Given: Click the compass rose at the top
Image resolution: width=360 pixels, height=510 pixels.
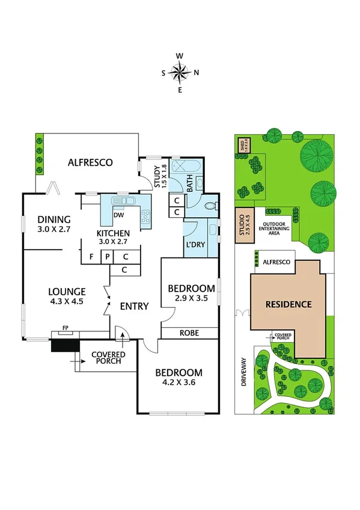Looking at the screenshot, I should [180, 73].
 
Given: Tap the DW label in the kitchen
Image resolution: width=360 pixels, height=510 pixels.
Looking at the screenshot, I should [118, 214].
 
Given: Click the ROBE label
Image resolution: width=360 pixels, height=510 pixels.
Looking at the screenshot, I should [189, 333].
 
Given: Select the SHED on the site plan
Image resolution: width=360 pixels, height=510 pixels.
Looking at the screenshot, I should [243, 145].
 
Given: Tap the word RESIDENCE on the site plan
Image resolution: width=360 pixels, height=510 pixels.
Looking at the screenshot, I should [289, 304].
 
